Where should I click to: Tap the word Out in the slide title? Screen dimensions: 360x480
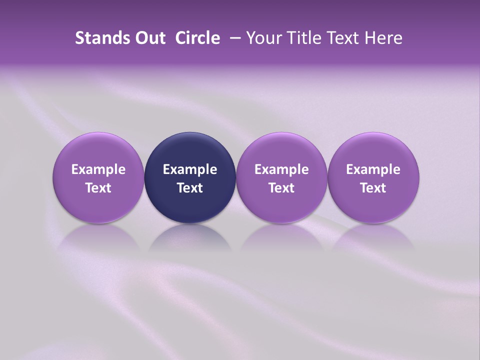148,38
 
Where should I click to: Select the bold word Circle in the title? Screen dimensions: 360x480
197,38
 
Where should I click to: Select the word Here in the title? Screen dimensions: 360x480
383,38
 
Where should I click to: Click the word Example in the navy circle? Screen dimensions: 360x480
190,169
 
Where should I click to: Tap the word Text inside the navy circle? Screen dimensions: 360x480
190,188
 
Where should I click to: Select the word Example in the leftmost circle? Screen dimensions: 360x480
98,169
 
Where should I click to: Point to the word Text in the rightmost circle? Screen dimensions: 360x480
373,188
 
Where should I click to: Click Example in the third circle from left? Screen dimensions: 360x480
281,169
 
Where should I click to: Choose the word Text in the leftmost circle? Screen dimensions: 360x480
98,188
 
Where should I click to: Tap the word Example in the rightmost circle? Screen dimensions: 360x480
373,169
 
